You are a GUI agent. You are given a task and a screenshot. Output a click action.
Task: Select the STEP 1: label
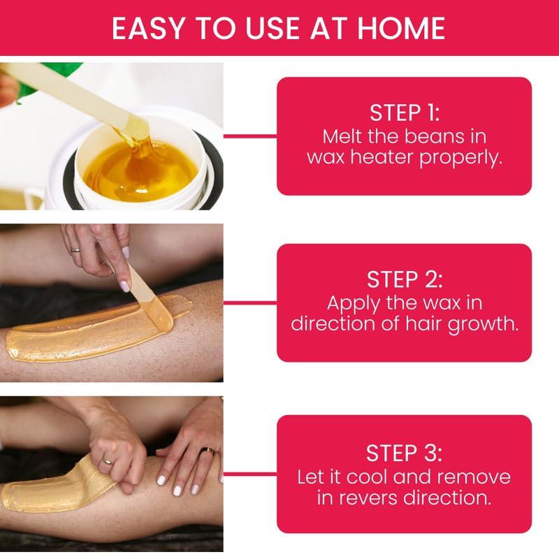click(x=405, y=113)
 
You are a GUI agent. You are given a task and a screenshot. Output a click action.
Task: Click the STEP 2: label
click(x=405, y=280)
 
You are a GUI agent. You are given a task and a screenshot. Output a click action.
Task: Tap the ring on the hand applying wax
click(x=75, y=247)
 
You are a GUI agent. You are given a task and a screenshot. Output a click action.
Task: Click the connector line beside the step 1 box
click(x=250, y=135)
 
